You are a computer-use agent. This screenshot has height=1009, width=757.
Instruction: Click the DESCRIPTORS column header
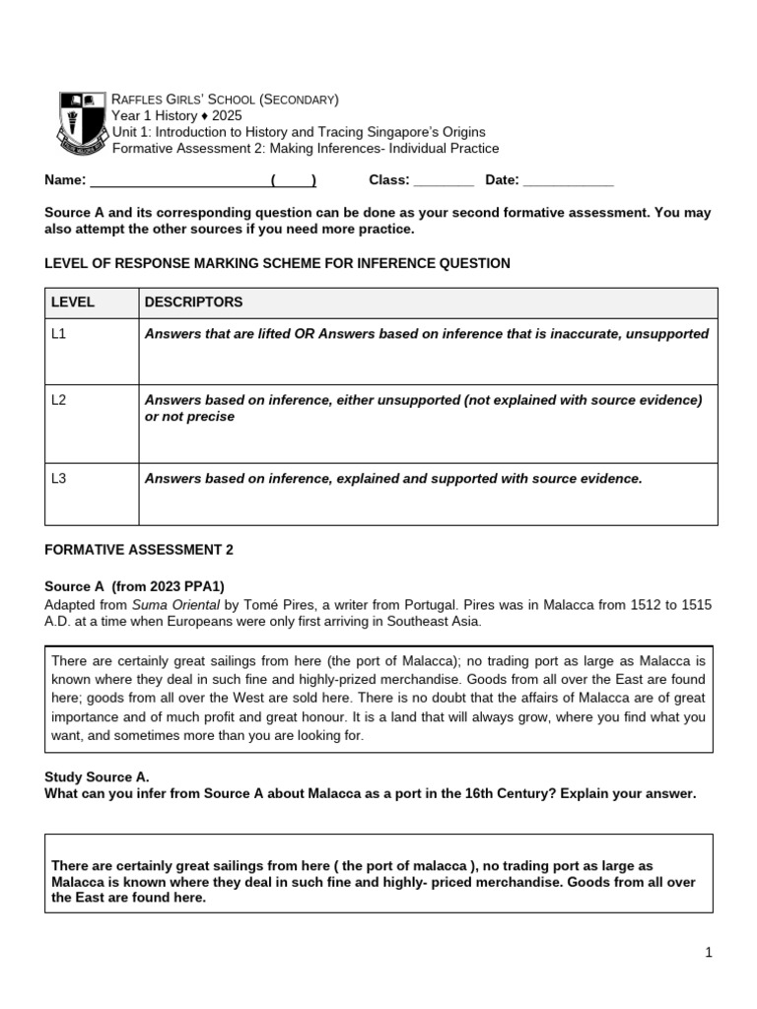pos(193,303)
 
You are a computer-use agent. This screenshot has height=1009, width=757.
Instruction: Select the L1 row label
pos(59,334)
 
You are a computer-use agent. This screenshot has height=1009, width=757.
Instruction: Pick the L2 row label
pos(59,400)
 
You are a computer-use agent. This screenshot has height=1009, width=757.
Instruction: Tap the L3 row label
pos(59,479)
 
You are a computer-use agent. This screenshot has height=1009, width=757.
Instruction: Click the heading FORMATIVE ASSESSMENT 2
pos(139,550)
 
